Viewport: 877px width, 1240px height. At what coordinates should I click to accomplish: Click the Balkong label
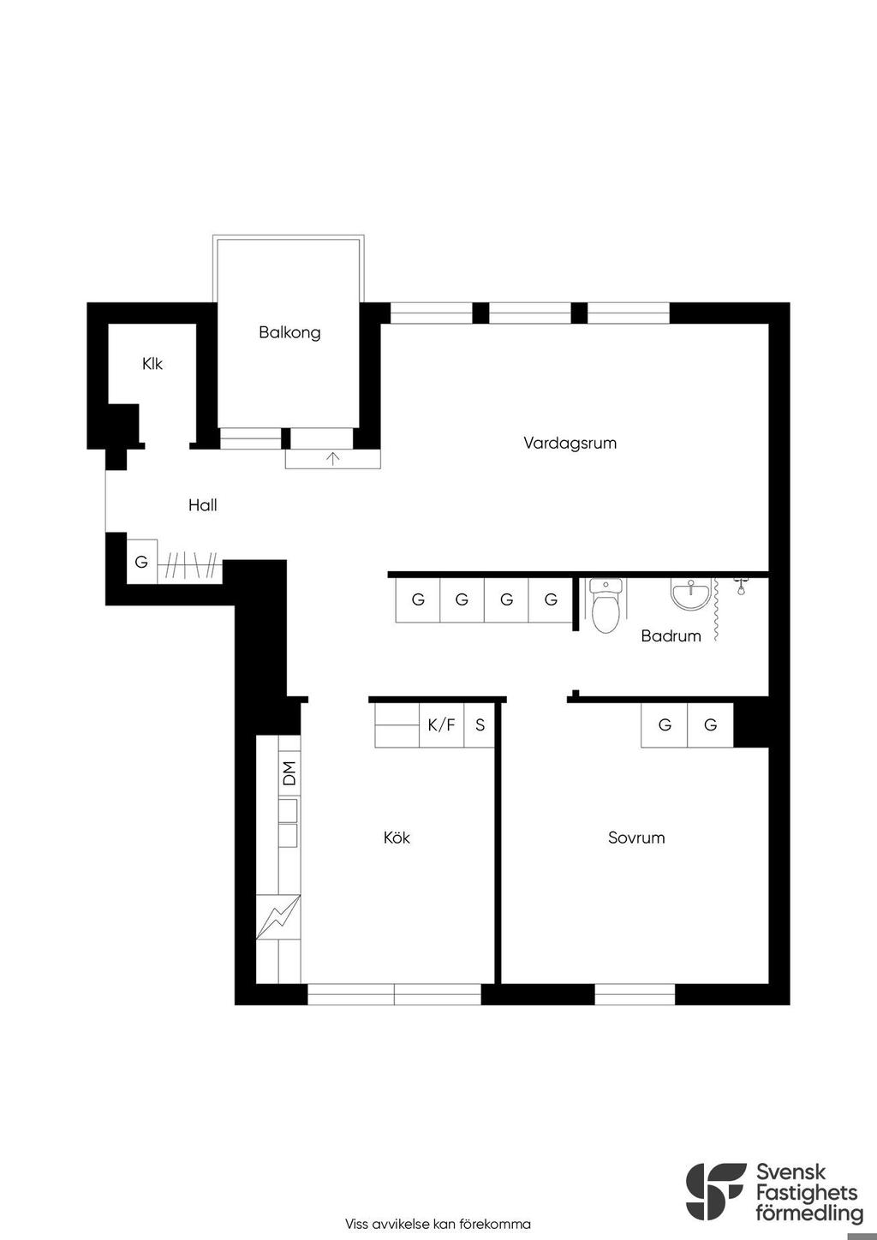pos(289,333)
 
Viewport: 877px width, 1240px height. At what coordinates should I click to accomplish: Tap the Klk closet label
pos(152,364)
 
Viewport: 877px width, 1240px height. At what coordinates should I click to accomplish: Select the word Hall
pos(203,505)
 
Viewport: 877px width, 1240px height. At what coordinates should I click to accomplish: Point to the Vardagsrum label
pos(570,443)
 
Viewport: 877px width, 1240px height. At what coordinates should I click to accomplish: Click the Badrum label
pos(671,635)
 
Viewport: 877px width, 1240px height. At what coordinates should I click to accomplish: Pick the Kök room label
pos(397,838)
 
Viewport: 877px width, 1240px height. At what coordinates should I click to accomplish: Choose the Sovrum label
pos(636,838)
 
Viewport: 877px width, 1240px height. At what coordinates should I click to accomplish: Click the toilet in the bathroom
pos(606,605)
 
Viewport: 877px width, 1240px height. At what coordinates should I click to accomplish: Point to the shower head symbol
pos(741,586)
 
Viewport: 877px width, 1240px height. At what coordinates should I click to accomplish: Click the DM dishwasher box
pos(289,773)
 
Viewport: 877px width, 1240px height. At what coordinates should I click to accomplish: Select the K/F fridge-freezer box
pos(441,725)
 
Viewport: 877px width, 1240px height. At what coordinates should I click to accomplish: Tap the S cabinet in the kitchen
pos(480,725)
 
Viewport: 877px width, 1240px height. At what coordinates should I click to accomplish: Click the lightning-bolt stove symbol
pos(278,916)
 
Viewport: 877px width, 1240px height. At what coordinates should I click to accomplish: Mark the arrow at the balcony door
pos(333,458)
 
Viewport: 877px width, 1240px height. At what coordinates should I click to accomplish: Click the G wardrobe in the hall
pos(141,561)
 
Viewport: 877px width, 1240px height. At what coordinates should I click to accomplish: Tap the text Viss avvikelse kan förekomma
pos(438,1224)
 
